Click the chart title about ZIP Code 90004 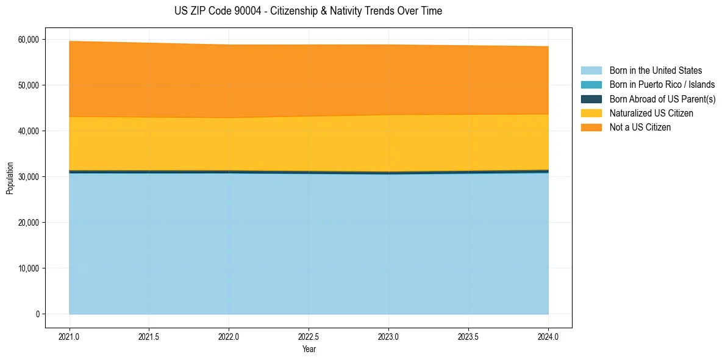tap(308, 11)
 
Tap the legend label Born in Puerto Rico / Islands tap(662, 85)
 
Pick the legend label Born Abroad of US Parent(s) tap(662, 99)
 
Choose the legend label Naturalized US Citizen tap(651, 113)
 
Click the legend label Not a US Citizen tap(640, 128)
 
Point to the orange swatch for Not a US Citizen tap(591, 128)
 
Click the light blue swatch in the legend tap(591, 71)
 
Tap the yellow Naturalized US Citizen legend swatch tap(591, 113)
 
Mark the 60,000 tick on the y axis tap(29, 40)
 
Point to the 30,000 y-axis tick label tap(29, 177)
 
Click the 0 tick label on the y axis tap(37, 314)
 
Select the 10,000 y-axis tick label tap(29, 268)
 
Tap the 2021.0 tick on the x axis tap(70, 336)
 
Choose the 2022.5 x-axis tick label tap(309, 336)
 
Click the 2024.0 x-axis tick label tap(548, 336)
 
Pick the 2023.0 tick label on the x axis tap(388, 336)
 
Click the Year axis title tap(309, 349)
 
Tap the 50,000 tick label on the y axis tap(29, 85)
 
